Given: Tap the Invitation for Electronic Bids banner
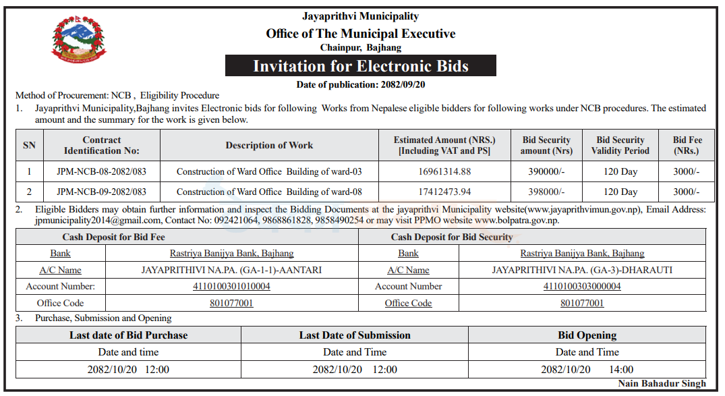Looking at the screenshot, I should (x=360, y=66).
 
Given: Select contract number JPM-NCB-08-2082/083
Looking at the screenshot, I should (x=102, y=171).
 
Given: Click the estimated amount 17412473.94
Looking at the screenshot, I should (x=444, y=192).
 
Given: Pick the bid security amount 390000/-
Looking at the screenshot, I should (x=546, y=171).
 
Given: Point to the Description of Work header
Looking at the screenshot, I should (x=269, y=145).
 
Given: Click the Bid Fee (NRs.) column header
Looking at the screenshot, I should (x=687, y=145).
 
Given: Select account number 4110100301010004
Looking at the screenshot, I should (x=231, y=286).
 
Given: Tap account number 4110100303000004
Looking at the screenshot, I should (x=582, y=286).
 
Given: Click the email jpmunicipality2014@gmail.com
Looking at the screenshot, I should (x=98, y=220).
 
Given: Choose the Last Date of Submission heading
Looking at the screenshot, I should (x=355, y=335).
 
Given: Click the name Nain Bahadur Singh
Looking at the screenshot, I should (x=662, y=383).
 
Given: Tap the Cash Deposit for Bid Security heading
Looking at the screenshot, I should (x=452, y=237).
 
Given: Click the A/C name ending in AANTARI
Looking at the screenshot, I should (x=231, y=270).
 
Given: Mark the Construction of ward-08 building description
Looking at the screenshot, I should (x=269, y=192).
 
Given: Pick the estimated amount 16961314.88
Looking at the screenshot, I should (x=444, y=171).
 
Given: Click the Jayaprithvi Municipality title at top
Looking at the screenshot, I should (x=360, y=16).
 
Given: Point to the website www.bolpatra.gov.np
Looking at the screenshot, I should (x=517, y=220).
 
